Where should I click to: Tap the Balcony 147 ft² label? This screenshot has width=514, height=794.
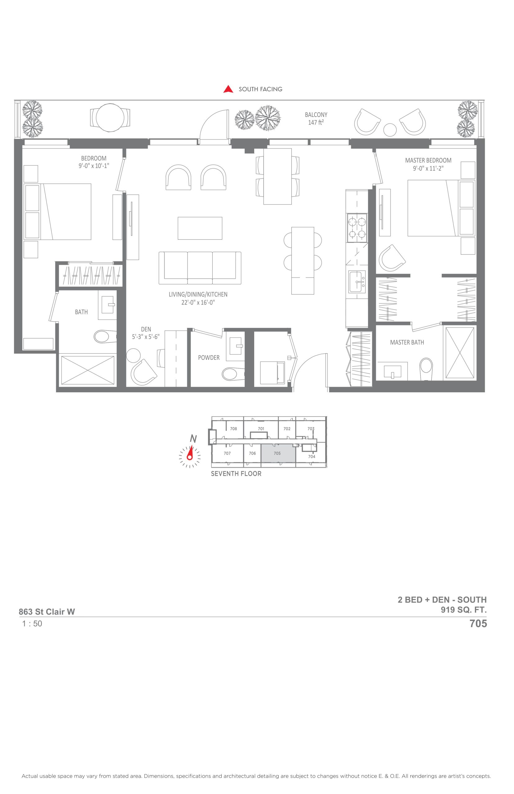point(316,119)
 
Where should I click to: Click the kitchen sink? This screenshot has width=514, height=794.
point(357,282)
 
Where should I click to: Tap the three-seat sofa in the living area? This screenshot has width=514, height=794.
point(200,268)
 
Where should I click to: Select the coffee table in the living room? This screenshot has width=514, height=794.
point(200,228)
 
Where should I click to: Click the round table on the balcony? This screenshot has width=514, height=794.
point(110,118)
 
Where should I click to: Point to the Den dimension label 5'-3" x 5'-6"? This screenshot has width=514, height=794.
point(146,337)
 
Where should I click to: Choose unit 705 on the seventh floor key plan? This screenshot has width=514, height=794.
point(278,453)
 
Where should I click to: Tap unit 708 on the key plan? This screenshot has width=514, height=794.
point(233,429)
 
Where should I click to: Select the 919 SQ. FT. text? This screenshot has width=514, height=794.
point(464,610)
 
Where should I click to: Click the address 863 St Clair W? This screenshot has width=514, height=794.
point(47,612)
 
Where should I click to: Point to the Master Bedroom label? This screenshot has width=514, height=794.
point(428,160)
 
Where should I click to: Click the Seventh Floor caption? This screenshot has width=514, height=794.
point(236,474)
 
